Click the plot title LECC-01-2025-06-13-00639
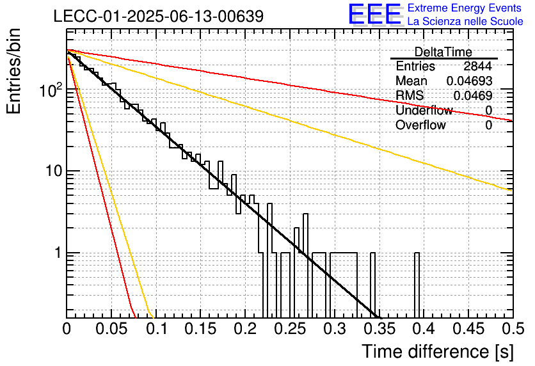pos(159,16)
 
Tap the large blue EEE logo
pos(375,14)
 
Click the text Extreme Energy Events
pos(465,8)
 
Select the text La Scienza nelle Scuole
pos(465,21)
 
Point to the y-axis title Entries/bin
pos(13,71)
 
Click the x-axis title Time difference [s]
pos(438,352)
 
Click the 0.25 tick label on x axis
pos(290,329)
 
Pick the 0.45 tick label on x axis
pos(469,329)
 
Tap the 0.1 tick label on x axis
pos(157,329)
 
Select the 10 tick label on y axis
pos(54,171)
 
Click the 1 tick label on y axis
pos(58,253)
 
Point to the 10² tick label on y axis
pos(51,90)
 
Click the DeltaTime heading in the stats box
pos(443,52)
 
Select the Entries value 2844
pos(477,66)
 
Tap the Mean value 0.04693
pos(470,81)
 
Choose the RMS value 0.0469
pos(473,96)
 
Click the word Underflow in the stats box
pos(424,110)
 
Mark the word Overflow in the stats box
pos(420,125)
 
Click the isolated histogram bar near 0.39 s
pos(417,285)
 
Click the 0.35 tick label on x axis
pos(379,329)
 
